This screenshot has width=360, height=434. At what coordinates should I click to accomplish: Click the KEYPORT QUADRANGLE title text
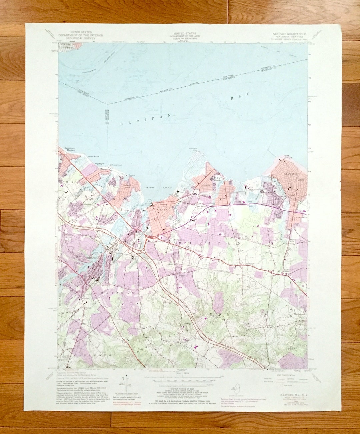(x=289, y=34)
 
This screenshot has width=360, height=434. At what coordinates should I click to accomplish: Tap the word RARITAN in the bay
(x=146, y=119)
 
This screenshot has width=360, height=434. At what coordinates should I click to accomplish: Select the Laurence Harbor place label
(x=70, y=149)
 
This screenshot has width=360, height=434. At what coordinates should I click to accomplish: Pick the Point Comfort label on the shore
(x=288, y=156)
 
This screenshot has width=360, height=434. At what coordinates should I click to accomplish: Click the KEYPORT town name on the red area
(x=162, y=210)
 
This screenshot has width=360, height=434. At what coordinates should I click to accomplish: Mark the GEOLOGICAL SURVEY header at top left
(x=81, y=38)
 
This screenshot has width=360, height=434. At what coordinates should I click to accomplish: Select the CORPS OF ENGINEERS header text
(x=185, y=39)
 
